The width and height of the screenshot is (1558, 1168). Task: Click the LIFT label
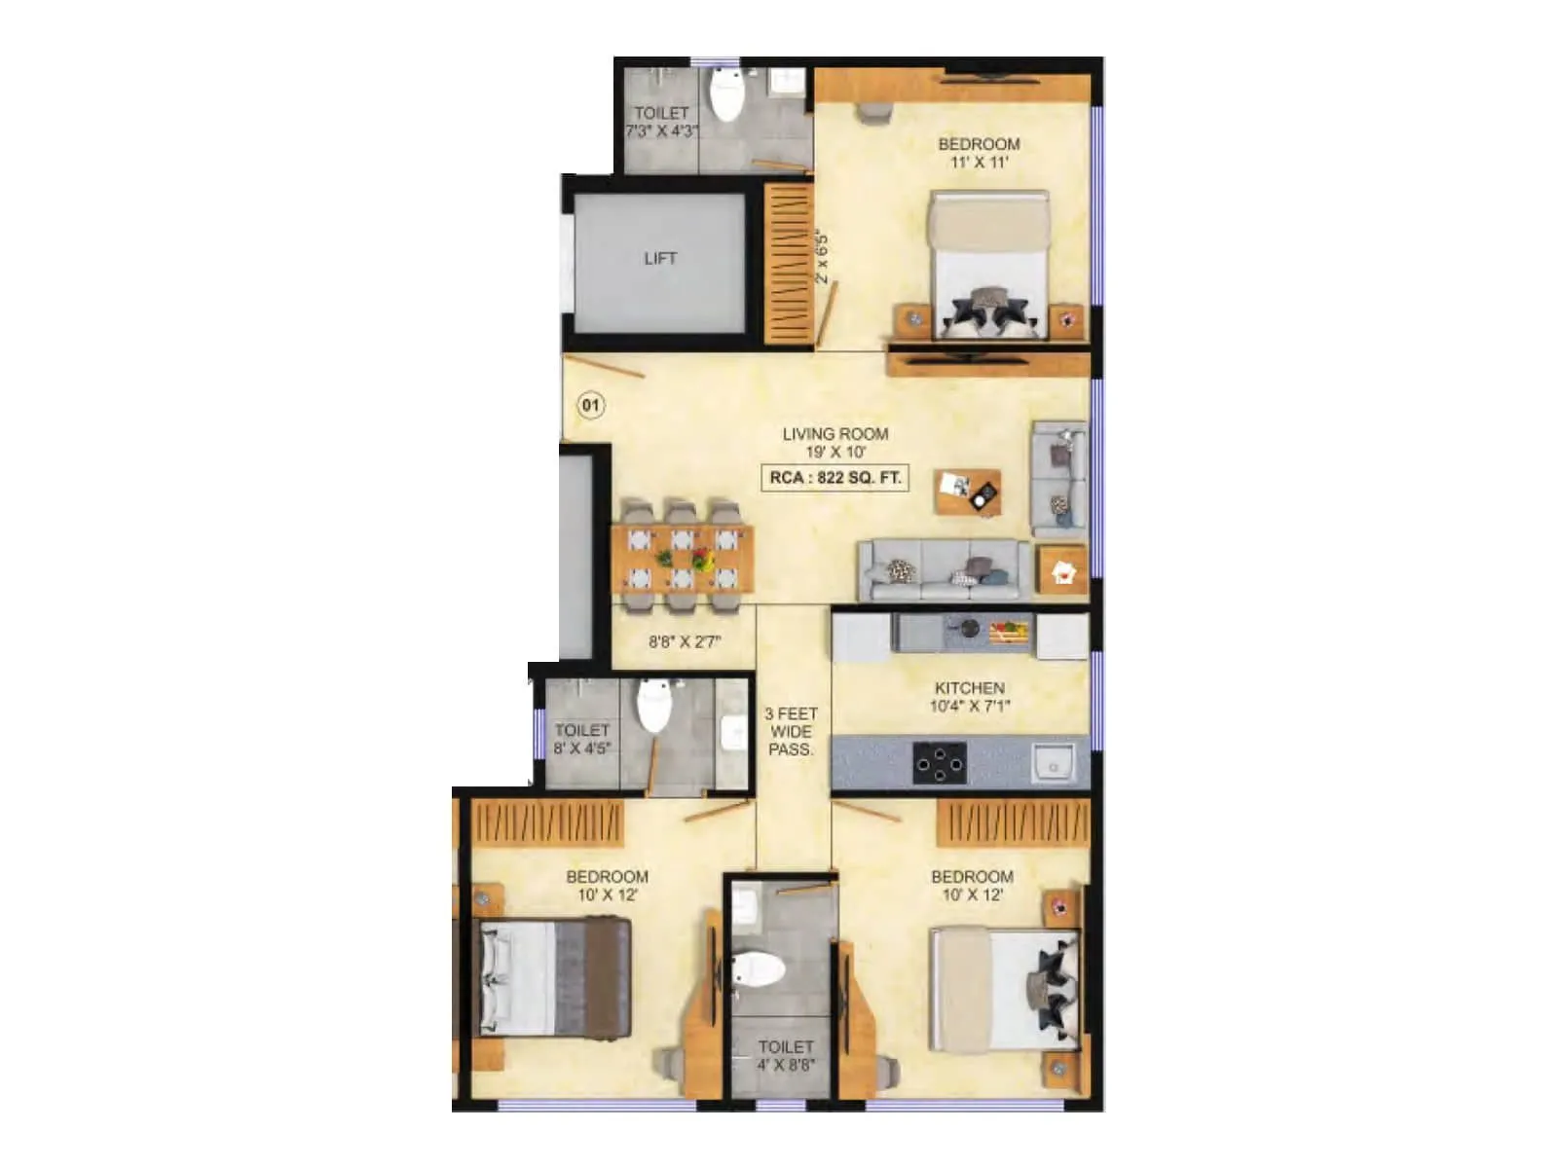coord(660,259)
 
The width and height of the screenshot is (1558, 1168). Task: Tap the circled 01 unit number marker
coord(591,405)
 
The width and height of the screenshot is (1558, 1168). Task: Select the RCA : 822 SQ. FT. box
coord(835,478)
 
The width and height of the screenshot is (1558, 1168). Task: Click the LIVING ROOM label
coord(835,434)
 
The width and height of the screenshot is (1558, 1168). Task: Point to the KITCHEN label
coord(969,687)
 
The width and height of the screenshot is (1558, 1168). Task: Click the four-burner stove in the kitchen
coord(940,762)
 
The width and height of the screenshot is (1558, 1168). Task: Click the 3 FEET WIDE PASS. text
coord(791,731)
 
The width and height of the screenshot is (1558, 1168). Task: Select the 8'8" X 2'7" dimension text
coord(686,642)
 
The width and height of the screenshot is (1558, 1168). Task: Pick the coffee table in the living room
coord(967,491)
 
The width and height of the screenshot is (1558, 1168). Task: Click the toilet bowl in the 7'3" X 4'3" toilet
coord(726,94)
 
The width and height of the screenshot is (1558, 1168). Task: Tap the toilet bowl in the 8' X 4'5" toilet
coord(653,705)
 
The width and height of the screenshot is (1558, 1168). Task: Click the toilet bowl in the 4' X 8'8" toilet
coord(759,969)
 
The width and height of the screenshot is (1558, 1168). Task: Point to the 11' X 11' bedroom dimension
coord(979,163)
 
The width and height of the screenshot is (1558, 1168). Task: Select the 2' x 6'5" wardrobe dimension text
coord(824,257)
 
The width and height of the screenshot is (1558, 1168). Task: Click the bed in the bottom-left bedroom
coord(551,977)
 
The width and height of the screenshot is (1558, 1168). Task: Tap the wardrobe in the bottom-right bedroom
coord(1013,823)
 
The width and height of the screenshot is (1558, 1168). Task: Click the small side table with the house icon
coord(1062,570)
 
